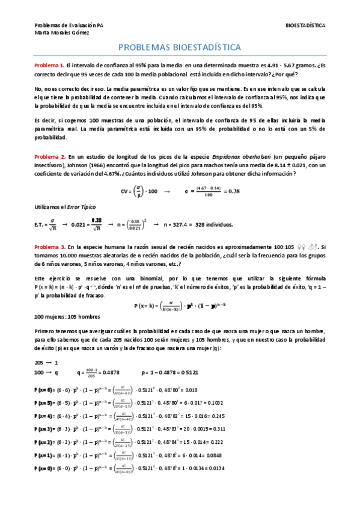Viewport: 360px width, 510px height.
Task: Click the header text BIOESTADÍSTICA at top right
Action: tap(306, 26)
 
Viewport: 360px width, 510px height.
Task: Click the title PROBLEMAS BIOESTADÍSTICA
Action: tap(180, 48)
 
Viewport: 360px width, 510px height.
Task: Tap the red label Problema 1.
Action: tap(49, 65)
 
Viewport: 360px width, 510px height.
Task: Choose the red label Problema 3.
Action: tap(49, 247)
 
